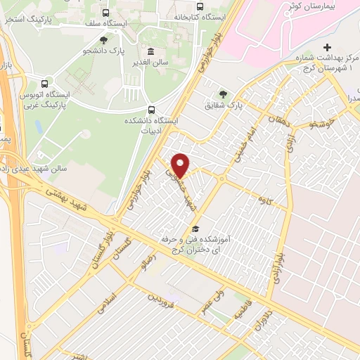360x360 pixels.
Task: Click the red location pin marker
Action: click(181, 165)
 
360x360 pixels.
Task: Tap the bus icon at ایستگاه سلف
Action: click(105, 12)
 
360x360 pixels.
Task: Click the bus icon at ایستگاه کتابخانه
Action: click(200, 7)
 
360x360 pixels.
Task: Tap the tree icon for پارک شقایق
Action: click(223, 93)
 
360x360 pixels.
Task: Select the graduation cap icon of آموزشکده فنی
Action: click(195, 229)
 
